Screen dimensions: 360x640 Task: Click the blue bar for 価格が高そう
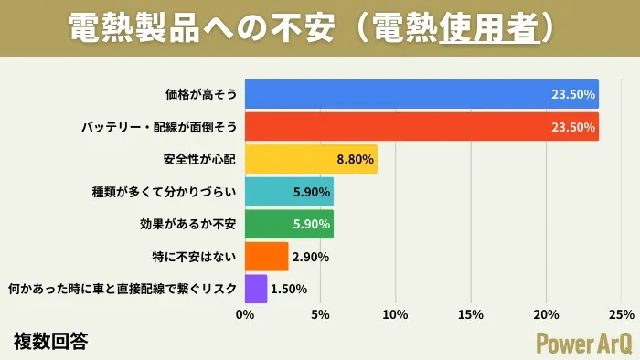(x=421, y=93)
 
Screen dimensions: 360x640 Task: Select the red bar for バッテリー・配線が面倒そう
(x=421, y=126)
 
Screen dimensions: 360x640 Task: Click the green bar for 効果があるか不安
(x=274, y=224)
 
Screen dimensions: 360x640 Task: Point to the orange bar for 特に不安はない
(x=266, y=257)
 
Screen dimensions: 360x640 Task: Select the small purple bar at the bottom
(x=256, y=289)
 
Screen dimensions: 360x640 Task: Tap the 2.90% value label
(x=310, y=257)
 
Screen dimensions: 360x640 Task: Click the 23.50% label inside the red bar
(x=573, y=127)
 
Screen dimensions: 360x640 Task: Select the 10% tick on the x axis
(x=395, y=315)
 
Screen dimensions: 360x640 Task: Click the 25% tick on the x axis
(x=621, y=315)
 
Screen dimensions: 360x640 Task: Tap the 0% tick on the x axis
(x=245, y=315)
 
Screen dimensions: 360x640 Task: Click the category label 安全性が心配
(x=199, y=159)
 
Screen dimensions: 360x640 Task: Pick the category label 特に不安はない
(x=195, y=257)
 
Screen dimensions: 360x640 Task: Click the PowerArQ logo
(x=581, y=341)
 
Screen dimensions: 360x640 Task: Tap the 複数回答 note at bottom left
(x=51, y=341)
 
